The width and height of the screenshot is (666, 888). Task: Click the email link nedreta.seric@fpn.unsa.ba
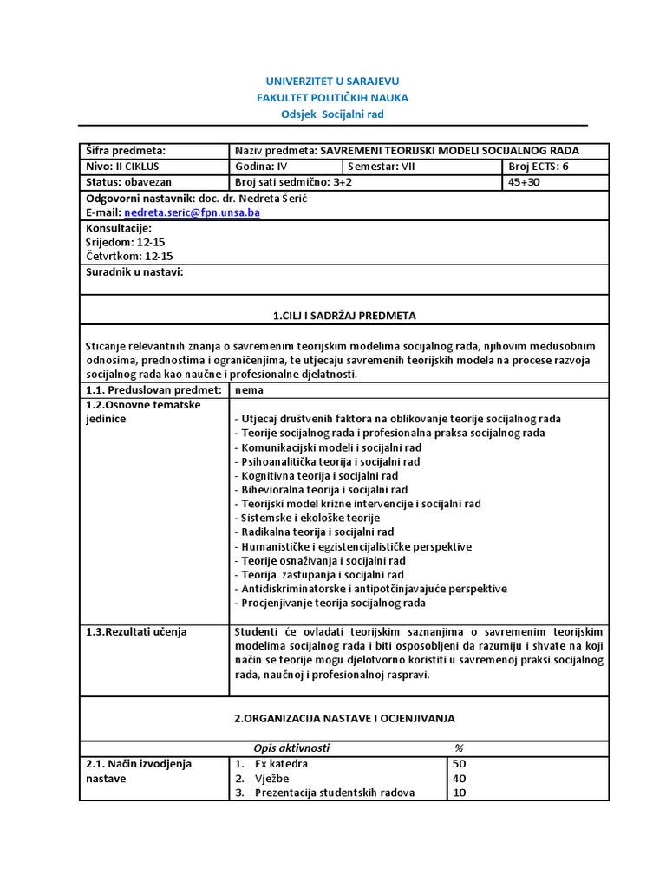coord(192,212)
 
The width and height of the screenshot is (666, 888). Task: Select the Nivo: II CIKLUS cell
coord(122,166)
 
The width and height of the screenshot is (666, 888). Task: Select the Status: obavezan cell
coord(129,182)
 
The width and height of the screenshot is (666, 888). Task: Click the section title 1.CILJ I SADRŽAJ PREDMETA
coord(332,315)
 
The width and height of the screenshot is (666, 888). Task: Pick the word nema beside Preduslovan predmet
coord(250,390)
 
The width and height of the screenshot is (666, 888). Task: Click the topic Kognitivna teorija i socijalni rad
coord(317,475)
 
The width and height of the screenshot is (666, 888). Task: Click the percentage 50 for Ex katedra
coord(460,764)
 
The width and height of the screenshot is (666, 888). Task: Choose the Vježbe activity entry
coord(274,778)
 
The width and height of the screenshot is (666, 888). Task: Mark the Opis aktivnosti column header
coord(291,748)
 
